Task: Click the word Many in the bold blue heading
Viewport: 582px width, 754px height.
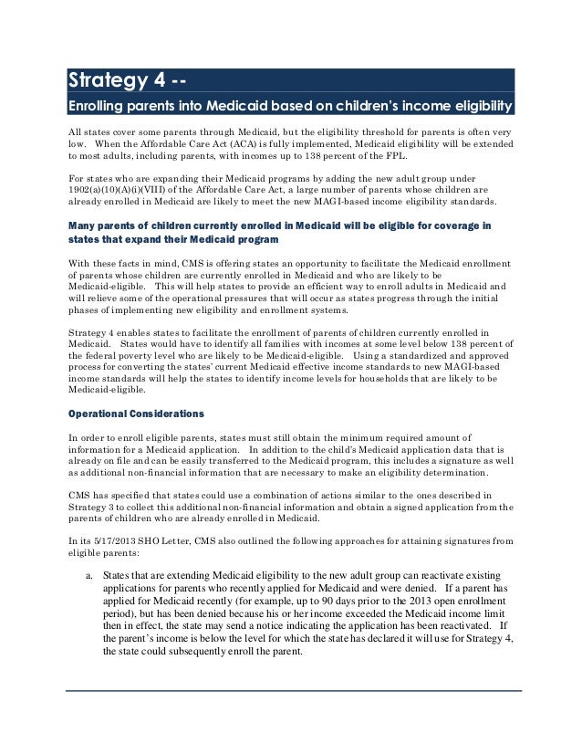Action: coord(87,225)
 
